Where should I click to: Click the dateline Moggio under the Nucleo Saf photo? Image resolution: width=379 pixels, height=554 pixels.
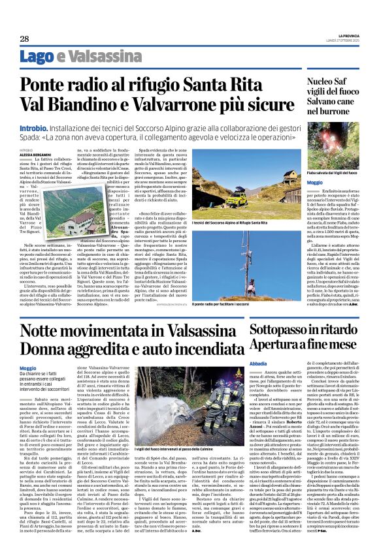(314, 183)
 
